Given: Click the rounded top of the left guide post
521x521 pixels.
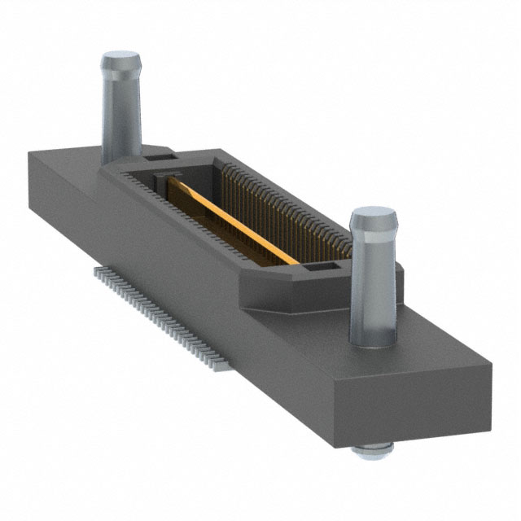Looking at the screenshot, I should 121,63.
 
